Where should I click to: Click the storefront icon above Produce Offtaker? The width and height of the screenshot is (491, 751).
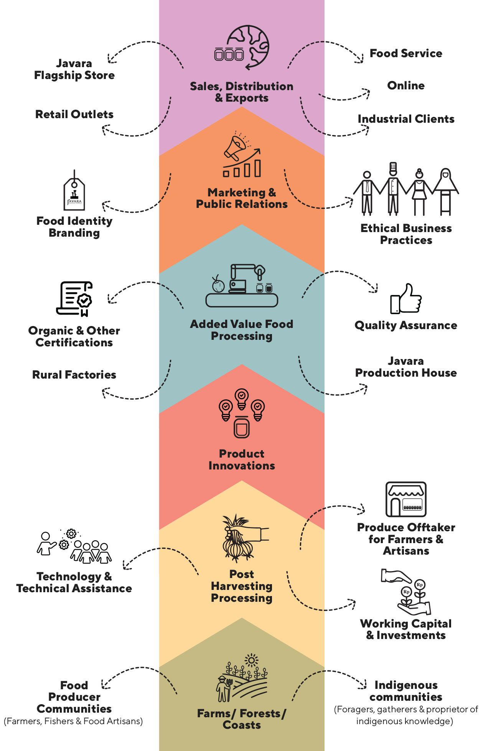tap(406, 499)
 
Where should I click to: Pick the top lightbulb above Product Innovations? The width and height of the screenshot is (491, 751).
tap(241, 399)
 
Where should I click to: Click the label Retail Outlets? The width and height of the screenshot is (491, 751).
tap(74, 114)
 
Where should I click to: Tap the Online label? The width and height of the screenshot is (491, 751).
tap(406, 86)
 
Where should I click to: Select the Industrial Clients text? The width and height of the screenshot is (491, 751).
tap(406, 119)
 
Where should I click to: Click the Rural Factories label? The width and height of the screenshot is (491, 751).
tap(74, 375)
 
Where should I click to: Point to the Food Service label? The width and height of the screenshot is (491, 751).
tap(406, 53)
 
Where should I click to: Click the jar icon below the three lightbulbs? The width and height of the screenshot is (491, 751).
tap(242, 427)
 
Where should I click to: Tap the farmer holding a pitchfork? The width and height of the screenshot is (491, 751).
tap(224, 689)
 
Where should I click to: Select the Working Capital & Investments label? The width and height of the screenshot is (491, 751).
tap(406, 629)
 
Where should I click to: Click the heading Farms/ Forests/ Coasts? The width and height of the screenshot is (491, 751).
tap(242, 719)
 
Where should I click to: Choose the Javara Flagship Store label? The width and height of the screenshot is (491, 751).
tap(74, 69)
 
